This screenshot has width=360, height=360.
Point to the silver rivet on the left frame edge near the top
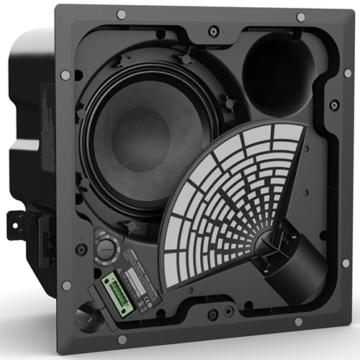coord(66,75)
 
